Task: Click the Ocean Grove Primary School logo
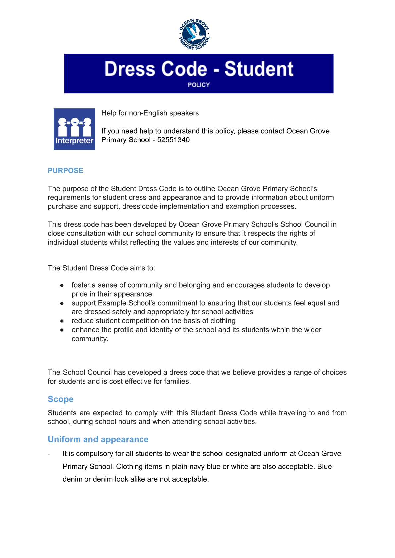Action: [x=195, y=34]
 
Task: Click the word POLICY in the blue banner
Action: [x=198, y=85]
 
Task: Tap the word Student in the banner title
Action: [x=259, y=69]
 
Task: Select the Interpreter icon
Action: [x=75, y=129]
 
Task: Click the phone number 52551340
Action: [x=173, y=140]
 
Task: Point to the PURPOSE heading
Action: [x=65, y=171]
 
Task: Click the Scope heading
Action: [x=60, y=399]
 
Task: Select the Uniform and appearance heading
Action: [x=98, y=439]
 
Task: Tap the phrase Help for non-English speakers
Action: [x=150, y=113]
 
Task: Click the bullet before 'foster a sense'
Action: [x=62, y=285]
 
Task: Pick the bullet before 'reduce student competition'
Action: [x=62, y=321]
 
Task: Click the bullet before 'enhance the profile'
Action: [x=62, y=330]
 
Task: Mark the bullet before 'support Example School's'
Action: [x=62, y=303]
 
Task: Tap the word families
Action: [x=178, y=381]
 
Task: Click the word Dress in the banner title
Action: [x=130, y=69]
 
